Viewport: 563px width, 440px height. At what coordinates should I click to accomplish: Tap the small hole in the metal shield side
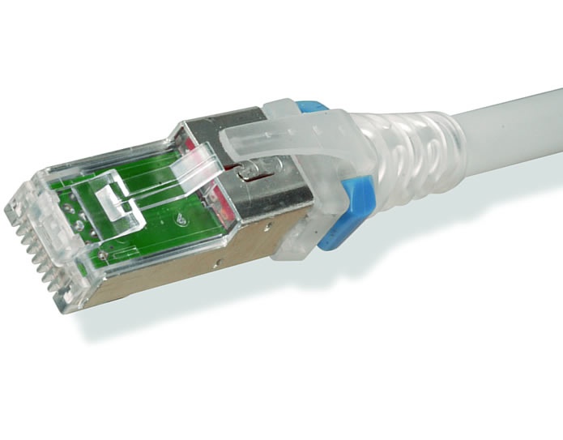tap(216, 262)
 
